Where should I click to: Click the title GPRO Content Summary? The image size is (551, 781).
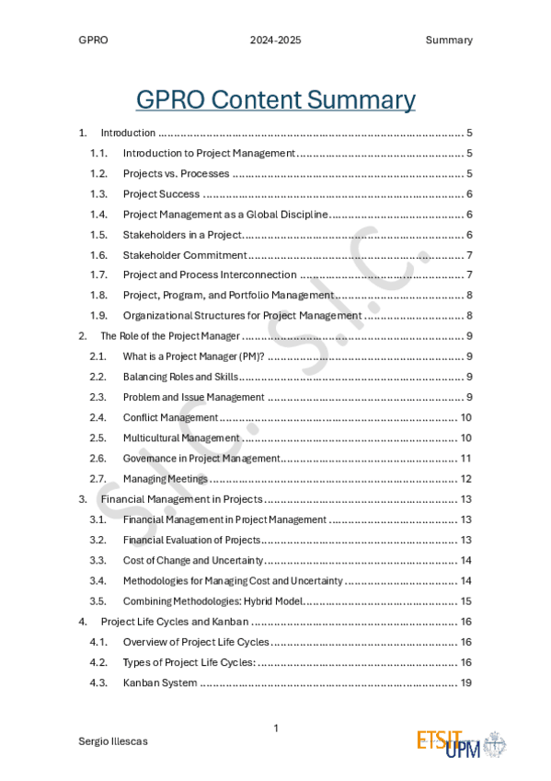[x=275, y=99]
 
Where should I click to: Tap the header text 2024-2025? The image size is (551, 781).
[x=275, y=41]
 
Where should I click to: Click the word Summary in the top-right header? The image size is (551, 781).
[x=449, y=41]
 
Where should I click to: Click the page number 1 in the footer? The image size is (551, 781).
[x=275, y=729]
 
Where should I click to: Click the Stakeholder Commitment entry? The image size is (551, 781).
[x=185, y=255]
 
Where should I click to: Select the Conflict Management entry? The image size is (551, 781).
[x=170, y=417]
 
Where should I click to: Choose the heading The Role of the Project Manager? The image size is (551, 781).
[x=170, y=336]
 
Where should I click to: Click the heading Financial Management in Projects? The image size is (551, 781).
[x=182, y=499]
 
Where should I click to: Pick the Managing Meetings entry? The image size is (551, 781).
[x=166, y=479]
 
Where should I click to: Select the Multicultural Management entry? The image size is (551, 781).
[x=181, y=437]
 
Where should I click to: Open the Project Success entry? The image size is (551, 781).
[x=161, y=194]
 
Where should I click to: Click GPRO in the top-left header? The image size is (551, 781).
[x=93, y=41]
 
